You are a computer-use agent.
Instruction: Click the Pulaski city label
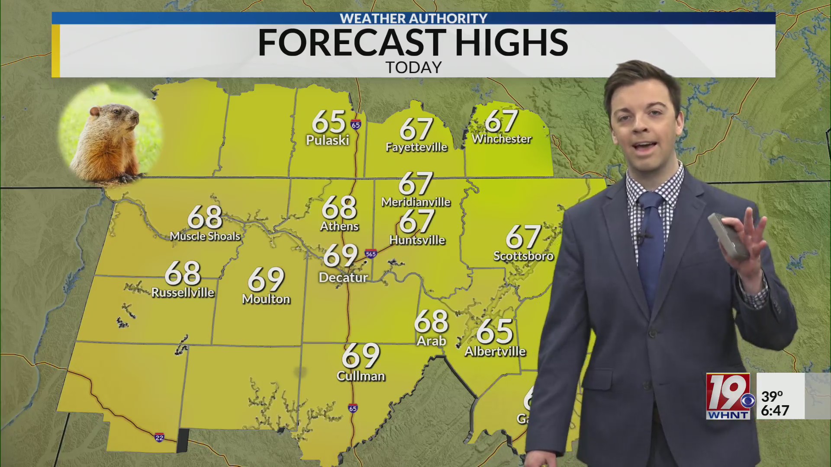pos(327,140)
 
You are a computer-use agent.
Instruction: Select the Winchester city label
pos(502,139)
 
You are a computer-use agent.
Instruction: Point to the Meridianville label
pos(416,202)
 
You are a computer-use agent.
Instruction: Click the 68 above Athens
pos(339,207)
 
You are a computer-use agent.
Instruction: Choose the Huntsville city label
pos(417,240)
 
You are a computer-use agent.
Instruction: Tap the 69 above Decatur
pos(341,255)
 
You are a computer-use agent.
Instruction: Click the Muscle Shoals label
pos(205,236)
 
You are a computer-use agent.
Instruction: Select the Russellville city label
pos(183,293)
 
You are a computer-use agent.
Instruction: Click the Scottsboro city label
pos(523,256)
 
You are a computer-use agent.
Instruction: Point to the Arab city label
pos(431,341)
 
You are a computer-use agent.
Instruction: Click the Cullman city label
pos(361,376)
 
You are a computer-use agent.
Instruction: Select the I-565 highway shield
pos(370,254)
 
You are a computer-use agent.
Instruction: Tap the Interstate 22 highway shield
pos(159,438)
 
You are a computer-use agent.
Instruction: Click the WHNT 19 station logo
pos(729,396)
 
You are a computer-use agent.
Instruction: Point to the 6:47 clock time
pos(775,410)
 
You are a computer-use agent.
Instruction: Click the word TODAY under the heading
pos(414,67)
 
